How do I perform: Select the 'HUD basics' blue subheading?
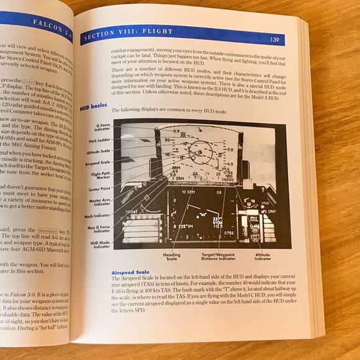(93, 107)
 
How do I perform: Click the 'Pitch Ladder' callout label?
(99, 142)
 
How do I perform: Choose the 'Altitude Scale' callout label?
(97, 152)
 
